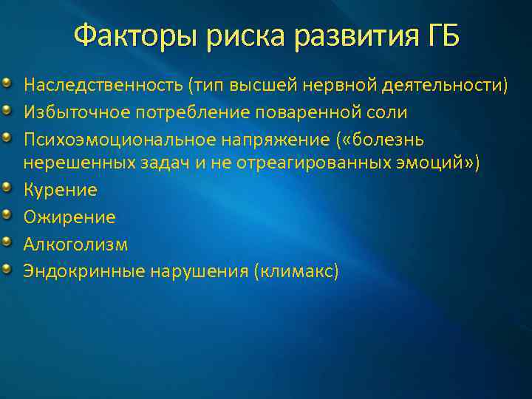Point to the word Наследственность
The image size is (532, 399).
[103, 86]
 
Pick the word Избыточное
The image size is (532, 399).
[65, 113]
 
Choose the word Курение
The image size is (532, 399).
[61, 190]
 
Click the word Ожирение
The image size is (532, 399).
[69, 217]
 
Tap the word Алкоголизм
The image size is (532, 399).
[75, 245]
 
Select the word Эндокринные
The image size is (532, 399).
[84, 271]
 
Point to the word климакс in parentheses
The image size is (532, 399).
[296, 271]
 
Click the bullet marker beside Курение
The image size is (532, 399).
[7, 189]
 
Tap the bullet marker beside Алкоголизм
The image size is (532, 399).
[7, 243]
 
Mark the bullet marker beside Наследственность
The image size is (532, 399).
[7, 85]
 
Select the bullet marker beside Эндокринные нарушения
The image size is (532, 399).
[7, 270]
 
